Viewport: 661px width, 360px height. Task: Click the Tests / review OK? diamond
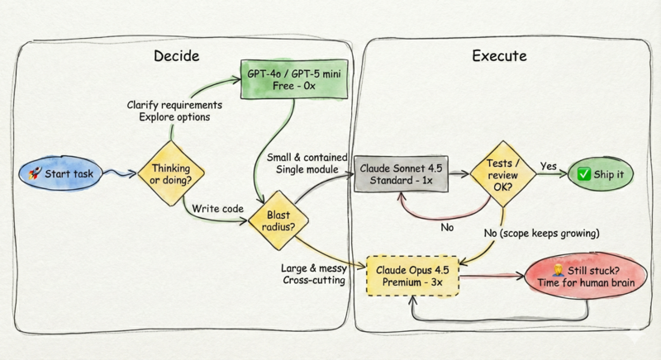pos(497,173)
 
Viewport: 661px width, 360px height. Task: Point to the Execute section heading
pos(499,57)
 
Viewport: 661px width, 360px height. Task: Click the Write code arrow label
pos(218,209)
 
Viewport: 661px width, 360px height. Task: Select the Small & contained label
pos(302,157)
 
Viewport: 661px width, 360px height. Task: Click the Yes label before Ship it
pos(549,165)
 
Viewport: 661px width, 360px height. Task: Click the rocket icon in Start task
pos(36,173)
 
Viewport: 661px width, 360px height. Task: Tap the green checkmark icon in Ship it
pos(583,173)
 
